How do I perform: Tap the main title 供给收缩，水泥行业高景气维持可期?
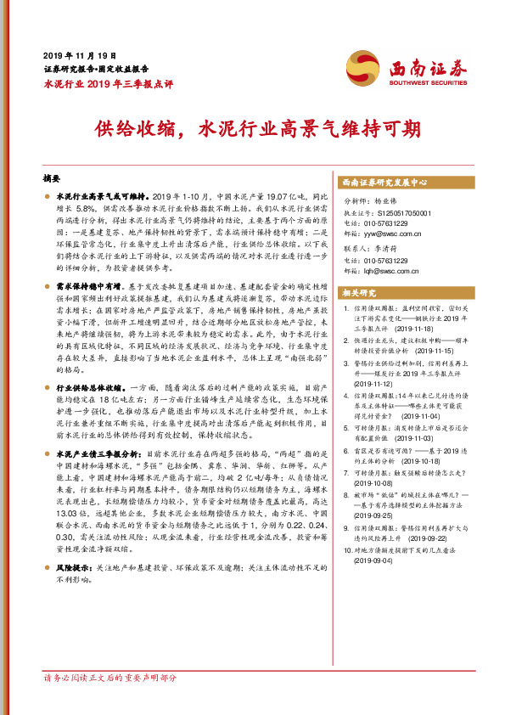point(252,130)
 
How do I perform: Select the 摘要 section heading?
point(53,180)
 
